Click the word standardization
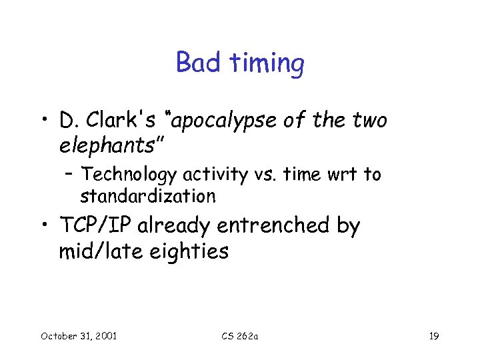pos(148,196)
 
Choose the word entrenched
pos(275,227)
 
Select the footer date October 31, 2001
pos(79,335)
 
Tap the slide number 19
pos(433,335)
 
